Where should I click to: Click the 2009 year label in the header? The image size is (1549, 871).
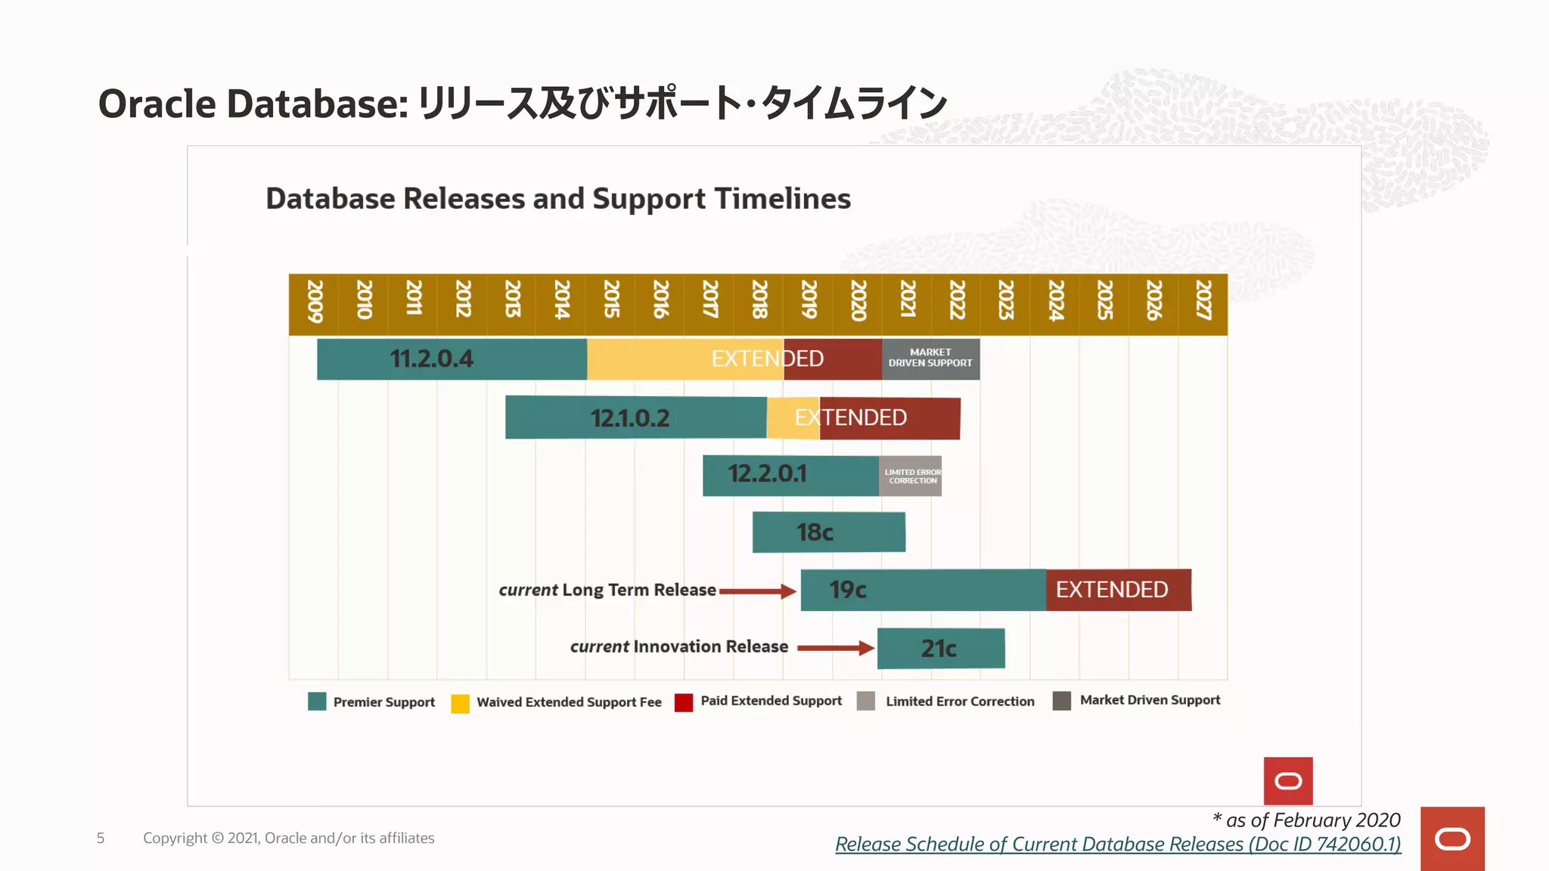[315, 302]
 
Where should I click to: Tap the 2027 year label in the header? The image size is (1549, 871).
[1203, 302]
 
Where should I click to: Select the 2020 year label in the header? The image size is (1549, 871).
[858, 302]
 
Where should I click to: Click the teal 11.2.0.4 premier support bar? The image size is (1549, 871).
[452, 359]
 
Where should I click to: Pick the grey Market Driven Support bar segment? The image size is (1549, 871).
[930, 358]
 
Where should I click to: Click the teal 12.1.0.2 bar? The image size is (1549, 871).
[635, 417]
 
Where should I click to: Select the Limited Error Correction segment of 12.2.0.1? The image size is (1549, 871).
[911, 476]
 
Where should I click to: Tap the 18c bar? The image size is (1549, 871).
[828, 532]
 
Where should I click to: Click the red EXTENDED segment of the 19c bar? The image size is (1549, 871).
[1118, 590]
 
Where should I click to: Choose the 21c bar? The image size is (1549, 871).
[941, 649]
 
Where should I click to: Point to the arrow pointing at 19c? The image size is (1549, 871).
[758, 591]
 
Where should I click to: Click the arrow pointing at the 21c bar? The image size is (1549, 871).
[836, 648]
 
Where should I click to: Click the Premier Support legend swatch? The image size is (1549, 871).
[317, 702]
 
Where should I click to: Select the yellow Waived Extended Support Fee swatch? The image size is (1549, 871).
[460, 704]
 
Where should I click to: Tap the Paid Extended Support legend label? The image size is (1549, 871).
[771, 701]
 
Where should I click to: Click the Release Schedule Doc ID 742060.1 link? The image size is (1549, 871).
[1118, 845]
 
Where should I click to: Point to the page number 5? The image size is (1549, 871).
[101, 838]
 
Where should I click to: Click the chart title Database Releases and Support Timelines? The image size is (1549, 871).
[558, 199]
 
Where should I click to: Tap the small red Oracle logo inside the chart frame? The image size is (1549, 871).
[1287, 781]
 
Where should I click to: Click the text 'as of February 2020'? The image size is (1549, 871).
[1312, 820]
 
